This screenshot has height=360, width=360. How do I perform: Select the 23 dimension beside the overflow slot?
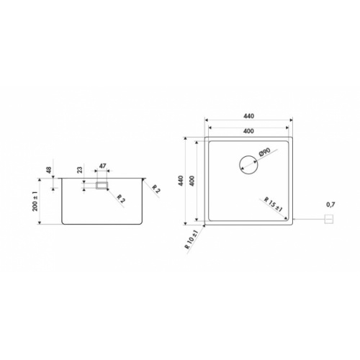[78, 171]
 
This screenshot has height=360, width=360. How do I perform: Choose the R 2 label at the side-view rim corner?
[156, 188]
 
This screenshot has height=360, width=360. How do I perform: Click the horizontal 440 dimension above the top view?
[249, 117]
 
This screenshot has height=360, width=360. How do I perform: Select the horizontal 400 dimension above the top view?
[249, 130]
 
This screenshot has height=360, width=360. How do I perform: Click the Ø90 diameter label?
[264, 153]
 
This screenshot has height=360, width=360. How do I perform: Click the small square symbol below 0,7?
[330, 218]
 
